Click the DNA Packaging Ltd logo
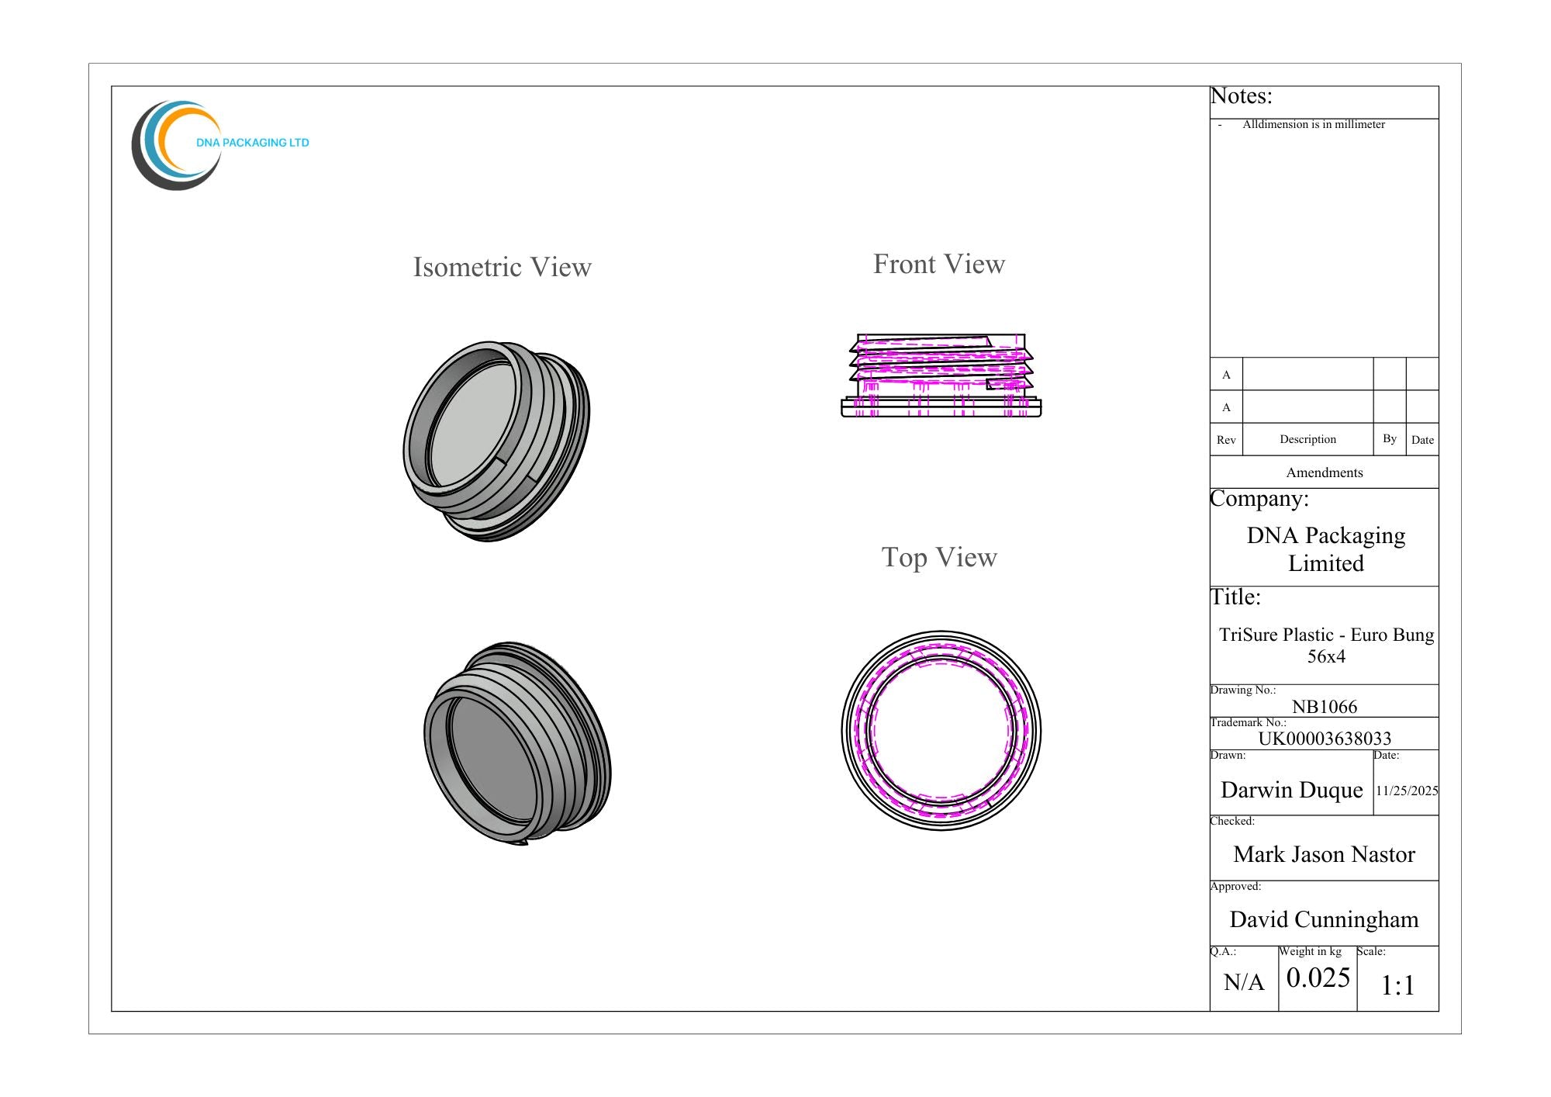click(219, 145)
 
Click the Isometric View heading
click(502, 267)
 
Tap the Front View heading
click(939, 264)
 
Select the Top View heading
click(939, 558)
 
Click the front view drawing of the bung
click(941, 375)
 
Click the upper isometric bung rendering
click(496, 441)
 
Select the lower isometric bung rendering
click(517, 743)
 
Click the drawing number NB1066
click(1325, 707)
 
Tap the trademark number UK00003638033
click(1325, 739)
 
